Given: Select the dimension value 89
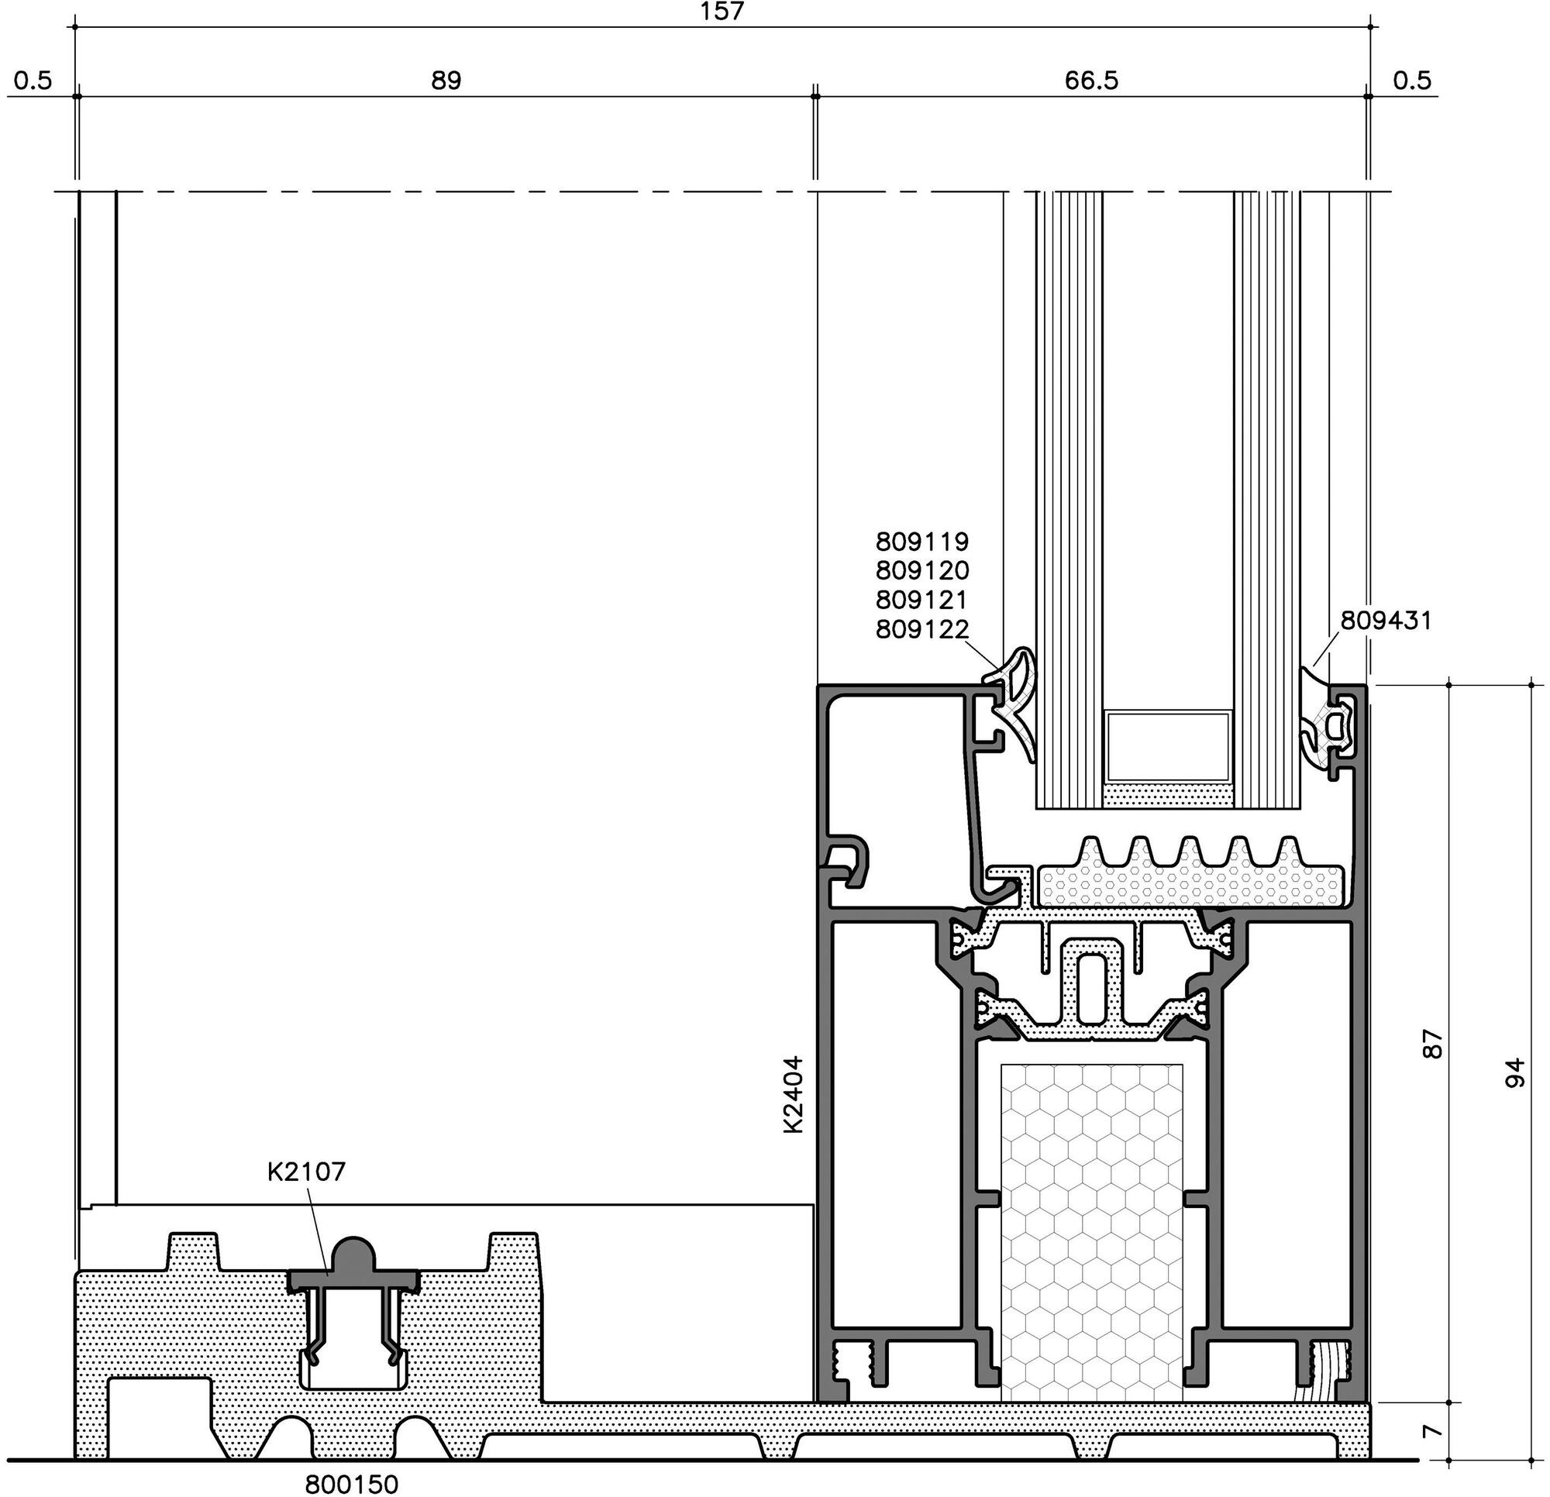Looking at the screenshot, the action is tap(446, 81).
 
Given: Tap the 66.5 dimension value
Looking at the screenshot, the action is tap(1091, 81).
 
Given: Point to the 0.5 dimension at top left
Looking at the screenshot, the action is tap(33, 81).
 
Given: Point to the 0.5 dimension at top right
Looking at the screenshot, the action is tap(1412, 81).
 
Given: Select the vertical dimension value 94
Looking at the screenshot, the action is tap(1513, 1073).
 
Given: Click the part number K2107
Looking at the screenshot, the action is tap(306, 1172).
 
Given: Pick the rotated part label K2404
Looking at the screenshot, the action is tap(793, 1095).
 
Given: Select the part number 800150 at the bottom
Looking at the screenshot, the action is tap(352, 1485).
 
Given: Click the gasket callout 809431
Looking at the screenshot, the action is tap(1386, 621).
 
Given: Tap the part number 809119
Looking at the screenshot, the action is tap(922, 542).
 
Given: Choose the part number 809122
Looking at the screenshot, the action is tap(922, 629).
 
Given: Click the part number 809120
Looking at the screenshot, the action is tap(922, 570).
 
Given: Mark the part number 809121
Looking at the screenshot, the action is tap(922, 600).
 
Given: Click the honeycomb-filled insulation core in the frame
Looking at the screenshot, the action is tap(1092, 1234).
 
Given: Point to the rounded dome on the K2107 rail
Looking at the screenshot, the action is tap(353, 1256).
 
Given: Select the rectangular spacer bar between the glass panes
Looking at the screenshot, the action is tap(1168, 746).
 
